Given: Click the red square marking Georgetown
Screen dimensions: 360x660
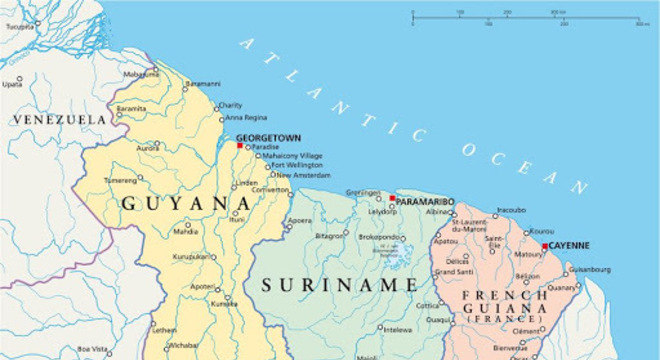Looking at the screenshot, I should [x=240, y=146].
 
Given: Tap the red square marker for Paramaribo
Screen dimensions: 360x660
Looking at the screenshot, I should [x=392, y=198].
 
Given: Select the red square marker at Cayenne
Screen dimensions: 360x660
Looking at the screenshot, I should [x=545, y=246].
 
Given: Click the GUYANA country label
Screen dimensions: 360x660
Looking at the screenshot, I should [x=186, y=203].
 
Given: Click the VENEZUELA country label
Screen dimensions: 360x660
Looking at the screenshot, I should [x=58, y=119].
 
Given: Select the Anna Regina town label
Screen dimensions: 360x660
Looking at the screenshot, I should [x=246, y=117].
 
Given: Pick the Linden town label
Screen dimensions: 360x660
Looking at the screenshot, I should [x=246, y=183].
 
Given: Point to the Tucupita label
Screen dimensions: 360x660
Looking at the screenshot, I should [x=20, y=27].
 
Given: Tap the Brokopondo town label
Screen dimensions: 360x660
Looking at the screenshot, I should [x=380, y=236].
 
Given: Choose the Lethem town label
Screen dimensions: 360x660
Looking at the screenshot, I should [x=164, y=328].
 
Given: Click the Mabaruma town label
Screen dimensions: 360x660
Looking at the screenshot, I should [x=140, y=73].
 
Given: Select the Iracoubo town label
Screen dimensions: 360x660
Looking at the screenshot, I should [x=511, y=210].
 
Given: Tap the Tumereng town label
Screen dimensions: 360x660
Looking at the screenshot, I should [x=120, y=180].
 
